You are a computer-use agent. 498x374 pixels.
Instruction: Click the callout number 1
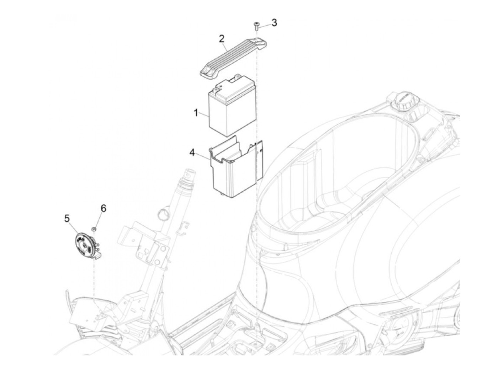(196, 113)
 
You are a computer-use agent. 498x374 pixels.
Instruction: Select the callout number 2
(221, 39)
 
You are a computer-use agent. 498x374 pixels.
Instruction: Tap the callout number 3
(274, 23)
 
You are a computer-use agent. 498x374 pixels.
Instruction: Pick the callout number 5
(67, 218)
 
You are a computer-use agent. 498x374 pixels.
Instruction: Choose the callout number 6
(103, 208)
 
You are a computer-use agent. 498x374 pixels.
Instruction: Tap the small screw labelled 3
(256, 26)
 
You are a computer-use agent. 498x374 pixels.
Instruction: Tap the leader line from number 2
(225, 47)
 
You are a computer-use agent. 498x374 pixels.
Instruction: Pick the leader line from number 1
(204, 114)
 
